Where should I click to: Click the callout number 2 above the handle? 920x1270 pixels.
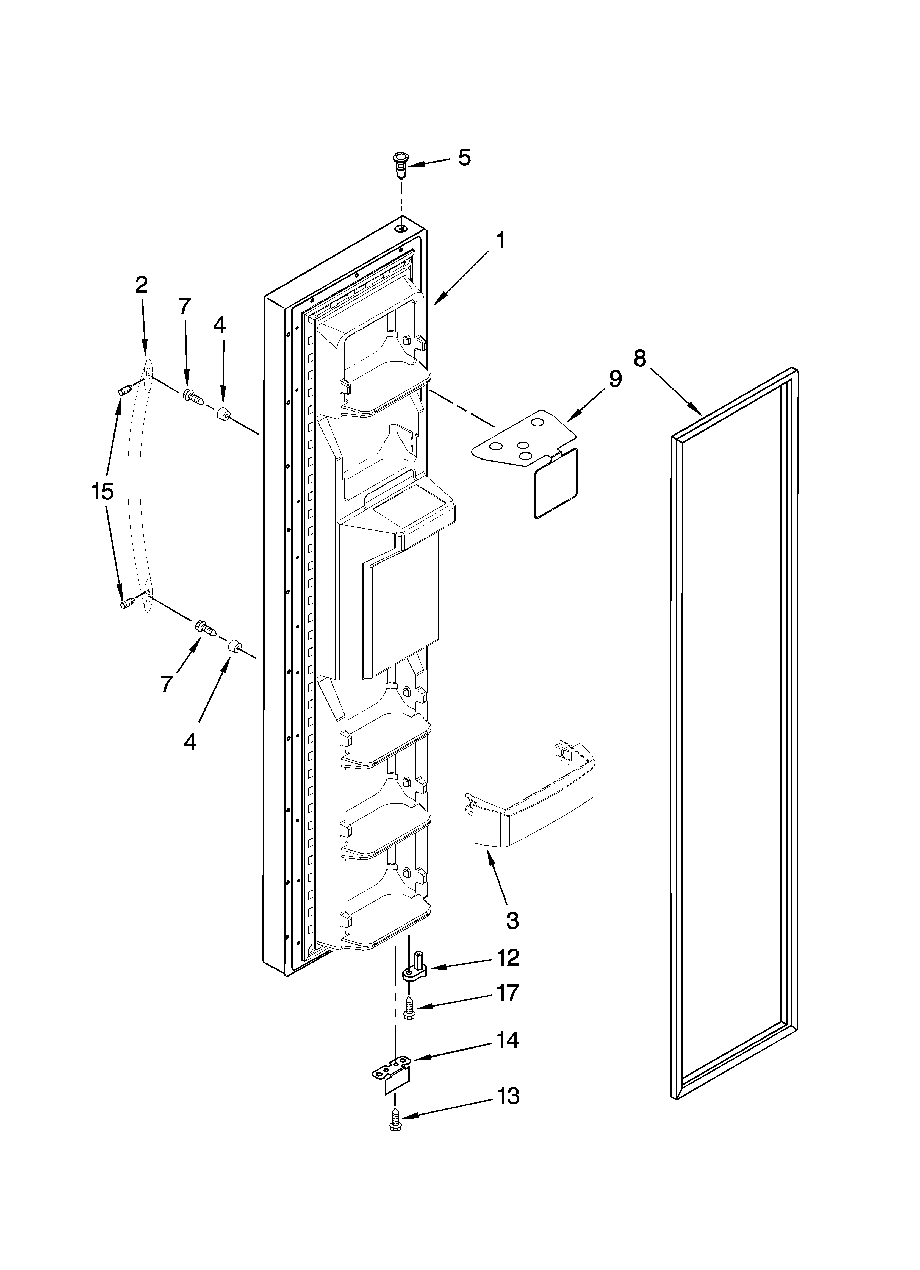tap(142, 286)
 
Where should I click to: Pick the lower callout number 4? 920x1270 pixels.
tap(190, 742)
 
